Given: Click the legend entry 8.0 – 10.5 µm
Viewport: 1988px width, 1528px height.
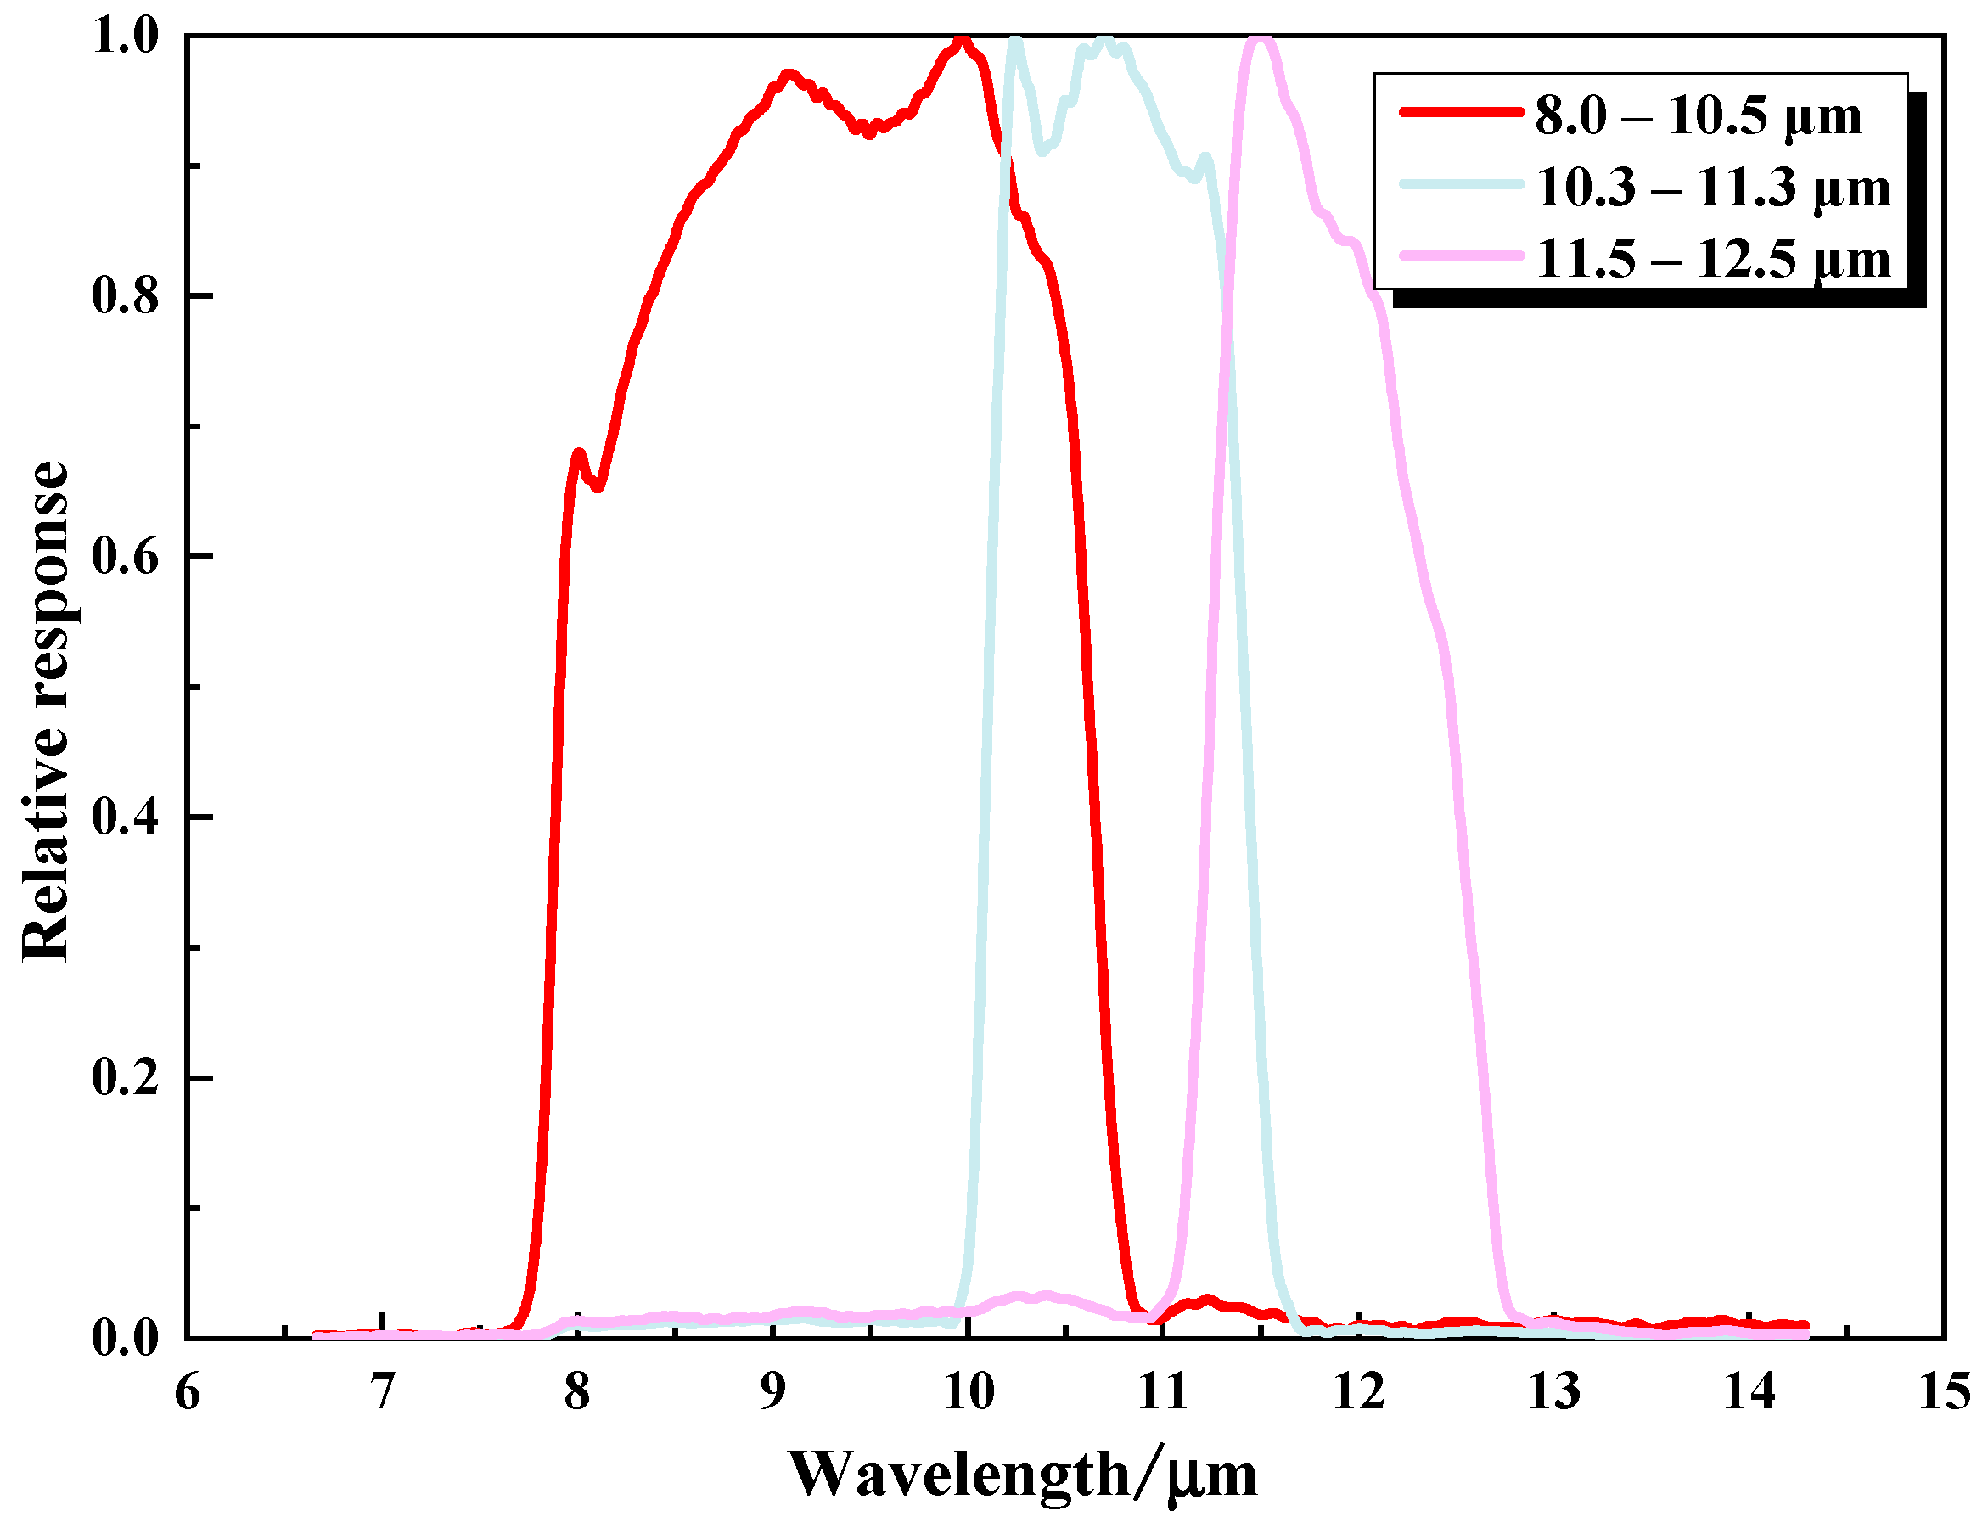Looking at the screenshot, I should (x=1697, y=115).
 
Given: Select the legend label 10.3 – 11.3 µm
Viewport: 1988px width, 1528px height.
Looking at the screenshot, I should (x=1712, y=188).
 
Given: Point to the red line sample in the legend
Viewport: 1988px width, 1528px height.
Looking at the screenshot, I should (x=1461, y=112).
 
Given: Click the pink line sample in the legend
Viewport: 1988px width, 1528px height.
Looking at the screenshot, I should (x=1461, y=256).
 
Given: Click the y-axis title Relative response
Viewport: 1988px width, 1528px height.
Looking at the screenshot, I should (x=46, y=711).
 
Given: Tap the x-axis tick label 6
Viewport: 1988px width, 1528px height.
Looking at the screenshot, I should (x=188, y=1392).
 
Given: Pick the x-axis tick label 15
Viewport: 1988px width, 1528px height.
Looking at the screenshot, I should (x=1945, y=1392).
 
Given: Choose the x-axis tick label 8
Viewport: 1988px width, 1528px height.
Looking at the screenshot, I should (x=577, y=1392).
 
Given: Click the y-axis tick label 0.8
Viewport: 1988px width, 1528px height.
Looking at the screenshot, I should (x=126, y=295).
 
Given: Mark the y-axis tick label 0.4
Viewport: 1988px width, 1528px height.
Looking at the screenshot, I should (x=126, y=817).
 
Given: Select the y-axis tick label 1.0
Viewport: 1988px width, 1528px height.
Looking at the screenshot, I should (x=126, y=37).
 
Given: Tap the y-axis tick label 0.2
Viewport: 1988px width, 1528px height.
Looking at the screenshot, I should (x=126, y=1077).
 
